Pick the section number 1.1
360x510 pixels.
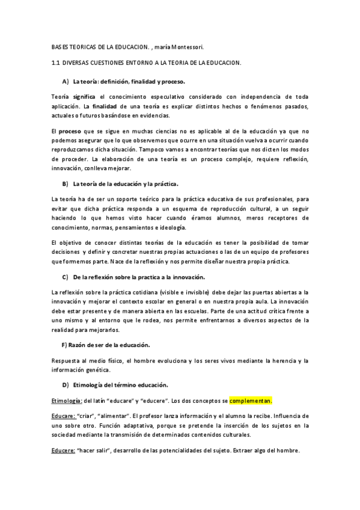[x=57, y=62]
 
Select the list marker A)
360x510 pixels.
[x=66, y=81]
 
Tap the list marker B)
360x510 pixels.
[x=66, y=182]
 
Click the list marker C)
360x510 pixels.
[x=66, y=277]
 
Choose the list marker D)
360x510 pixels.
[x=66, y=384]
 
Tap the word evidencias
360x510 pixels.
[x=172, y=115]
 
